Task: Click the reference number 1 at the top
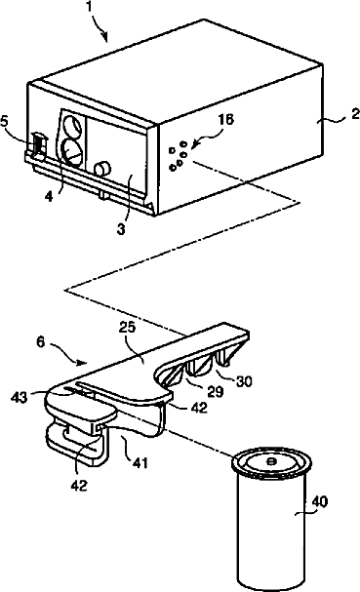tap(89, 7)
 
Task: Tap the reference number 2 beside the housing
tap(355, 114)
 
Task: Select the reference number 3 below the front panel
tap(121, 229)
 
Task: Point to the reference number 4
tap(50, 196)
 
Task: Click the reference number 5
tap(4, 122)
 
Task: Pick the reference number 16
tap(225, 119)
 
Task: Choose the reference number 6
tap(40, 342)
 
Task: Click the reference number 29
tap(216, 391)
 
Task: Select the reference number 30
tap(244, 381)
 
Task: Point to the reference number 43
tap(19, 397)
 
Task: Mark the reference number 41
tap(140, 462)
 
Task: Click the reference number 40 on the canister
tap(320, 501)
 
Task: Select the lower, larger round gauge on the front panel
tap(72, 153)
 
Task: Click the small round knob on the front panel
tap(101, 169)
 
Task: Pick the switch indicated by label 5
tap(39, 143)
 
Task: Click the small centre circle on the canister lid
tap(270, 460)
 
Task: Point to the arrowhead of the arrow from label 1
tap(106, 38)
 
